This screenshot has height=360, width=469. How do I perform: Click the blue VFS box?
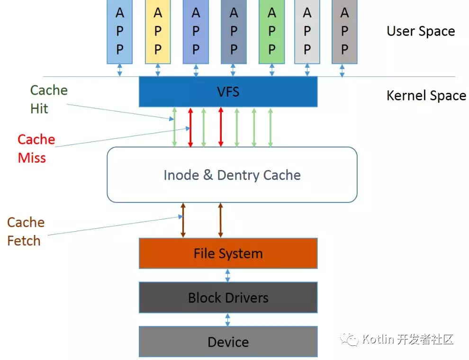[x=228, y=91]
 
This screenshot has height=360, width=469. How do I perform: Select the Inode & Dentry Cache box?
[x=232, y=175]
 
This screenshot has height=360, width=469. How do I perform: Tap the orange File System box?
[x=228, y=253]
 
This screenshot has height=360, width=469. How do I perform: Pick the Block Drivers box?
[x=228, y=297]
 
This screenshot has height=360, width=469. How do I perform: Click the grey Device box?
[x=228, y=342]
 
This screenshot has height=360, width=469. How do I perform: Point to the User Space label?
[x=421, y=31]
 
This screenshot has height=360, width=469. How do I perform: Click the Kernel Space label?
[x=426, y=95]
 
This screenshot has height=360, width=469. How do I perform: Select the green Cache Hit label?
[x=48, y=99]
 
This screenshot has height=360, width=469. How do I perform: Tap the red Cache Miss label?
[x=36, y=148]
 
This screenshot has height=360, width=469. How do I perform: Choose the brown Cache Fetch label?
[x=26, y=231]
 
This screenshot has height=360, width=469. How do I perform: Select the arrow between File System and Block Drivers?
[x=228, y=275]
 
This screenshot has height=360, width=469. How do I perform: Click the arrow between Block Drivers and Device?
[x=228, y=319]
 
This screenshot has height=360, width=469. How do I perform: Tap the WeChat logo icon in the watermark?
[x=352, y=339]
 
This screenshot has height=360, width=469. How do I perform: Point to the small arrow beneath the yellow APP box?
[x=158, y=70]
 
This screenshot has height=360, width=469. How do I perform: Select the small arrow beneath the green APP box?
[x=271, y=70]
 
